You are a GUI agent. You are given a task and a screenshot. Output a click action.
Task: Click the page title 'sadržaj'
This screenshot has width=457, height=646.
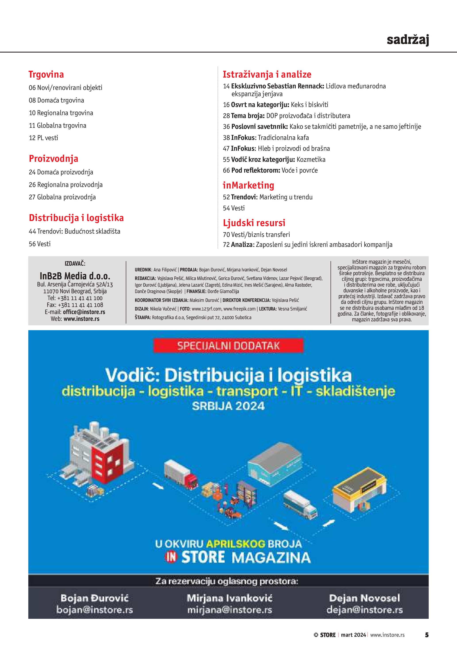coord(407,40)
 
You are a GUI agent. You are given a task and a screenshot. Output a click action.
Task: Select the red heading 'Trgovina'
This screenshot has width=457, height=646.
coord(46,74)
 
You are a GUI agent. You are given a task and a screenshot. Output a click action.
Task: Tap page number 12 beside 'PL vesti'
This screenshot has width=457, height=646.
coord(32,138)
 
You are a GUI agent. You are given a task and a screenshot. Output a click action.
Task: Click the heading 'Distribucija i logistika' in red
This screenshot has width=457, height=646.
coord(76,218)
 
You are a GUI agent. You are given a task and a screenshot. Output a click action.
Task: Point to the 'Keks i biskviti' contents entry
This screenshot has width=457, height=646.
coord(309,105)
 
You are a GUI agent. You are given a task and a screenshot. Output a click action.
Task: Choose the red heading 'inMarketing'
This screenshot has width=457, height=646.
coord(248,185)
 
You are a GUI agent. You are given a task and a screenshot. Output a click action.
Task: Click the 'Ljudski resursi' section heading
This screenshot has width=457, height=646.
coord(254,223)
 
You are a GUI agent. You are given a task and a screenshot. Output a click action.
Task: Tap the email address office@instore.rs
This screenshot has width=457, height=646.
coord(84,312)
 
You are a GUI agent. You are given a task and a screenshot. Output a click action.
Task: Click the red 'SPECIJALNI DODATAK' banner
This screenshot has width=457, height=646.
coord(228,345)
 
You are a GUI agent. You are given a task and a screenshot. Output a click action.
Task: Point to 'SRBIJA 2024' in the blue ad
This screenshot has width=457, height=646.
coord(228,406)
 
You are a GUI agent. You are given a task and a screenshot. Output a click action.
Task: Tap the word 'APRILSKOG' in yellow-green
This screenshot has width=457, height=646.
coord(236,544)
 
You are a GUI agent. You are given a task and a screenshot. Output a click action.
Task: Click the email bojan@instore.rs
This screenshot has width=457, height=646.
coord(95,610)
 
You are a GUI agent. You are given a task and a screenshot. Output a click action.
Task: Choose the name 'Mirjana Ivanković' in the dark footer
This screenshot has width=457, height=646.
coord(229,598)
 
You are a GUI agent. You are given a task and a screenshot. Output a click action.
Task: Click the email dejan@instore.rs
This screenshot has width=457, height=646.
coord(364,610)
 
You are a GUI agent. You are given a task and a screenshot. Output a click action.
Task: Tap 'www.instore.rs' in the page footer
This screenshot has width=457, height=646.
coord(387,635)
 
